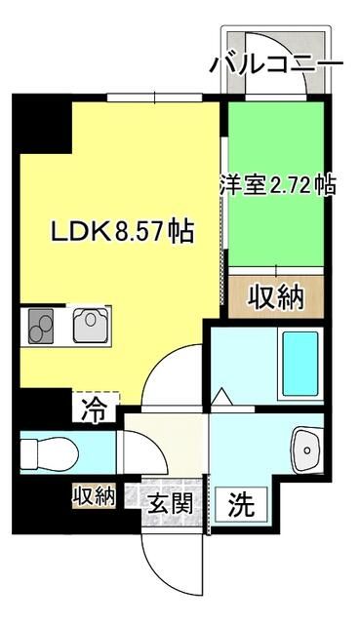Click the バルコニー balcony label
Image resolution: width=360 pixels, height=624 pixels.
point(276,64)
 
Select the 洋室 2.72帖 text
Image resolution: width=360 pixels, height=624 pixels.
point(278,185)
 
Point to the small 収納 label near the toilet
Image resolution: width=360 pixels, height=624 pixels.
point(93,496)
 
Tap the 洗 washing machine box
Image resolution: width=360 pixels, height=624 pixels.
point(241,504)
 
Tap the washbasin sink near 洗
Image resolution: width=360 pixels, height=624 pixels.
point(309,449)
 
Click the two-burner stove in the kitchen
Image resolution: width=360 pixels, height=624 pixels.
point(41,324)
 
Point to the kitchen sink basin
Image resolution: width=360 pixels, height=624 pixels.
point(93,323)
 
